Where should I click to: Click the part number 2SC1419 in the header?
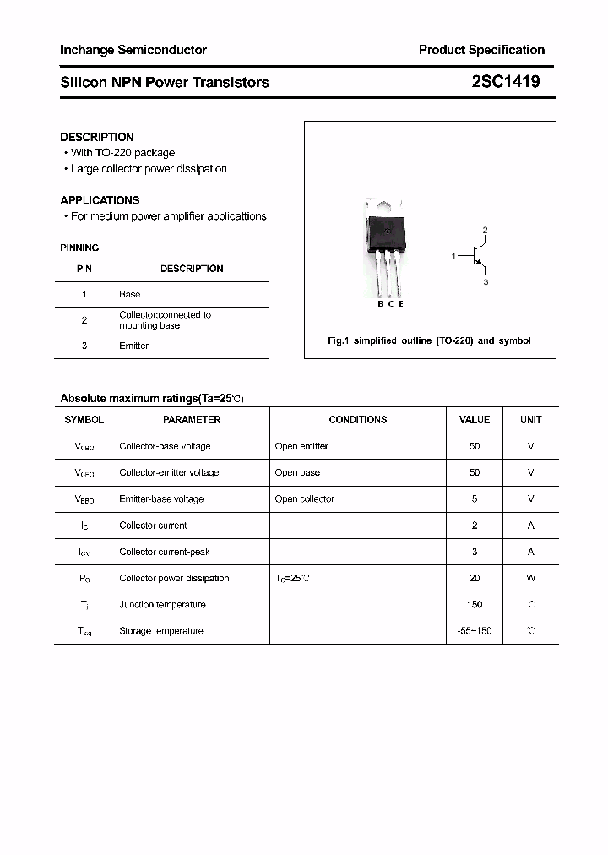point(506,82)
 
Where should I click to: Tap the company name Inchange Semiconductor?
point(133,50)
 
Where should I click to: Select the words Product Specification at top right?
point(481,50)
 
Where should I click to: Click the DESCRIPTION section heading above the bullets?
point(96,137)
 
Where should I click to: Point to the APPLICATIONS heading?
point(100,200)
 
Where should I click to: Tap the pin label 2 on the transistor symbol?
point(485,230)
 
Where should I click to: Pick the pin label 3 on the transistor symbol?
point(486,282)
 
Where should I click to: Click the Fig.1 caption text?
point(429,340)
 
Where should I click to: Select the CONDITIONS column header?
point(358,419)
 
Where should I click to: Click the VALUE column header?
point(474,419)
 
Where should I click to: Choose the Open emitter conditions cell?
point(301,446)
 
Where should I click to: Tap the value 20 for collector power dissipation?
point(475,578)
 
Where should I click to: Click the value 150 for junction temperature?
point(475,604)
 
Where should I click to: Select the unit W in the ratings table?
point(531,578)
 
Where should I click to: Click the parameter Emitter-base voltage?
point(161,498)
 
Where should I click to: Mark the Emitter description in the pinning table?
point(133,346)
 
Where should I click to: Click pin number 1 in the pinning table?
point(84,294)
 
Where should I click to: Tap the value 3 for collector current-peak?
point(475,552)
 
